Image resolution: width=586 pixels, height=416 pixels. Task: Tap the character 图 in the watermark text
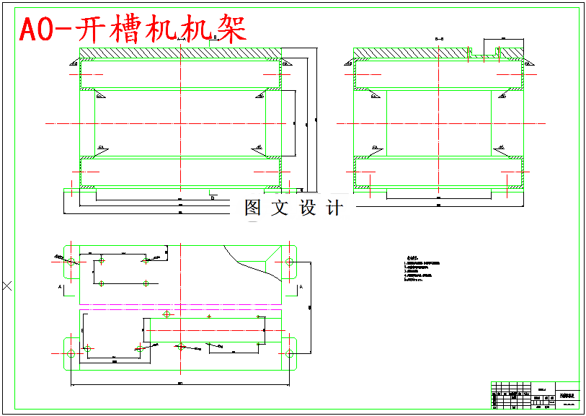coord(253,208)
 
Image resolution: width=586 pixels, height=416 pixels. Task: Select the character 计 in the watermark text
coord(334,208)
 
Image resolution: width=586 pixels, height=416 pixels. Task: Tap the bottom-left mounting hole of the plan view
coord(71,353)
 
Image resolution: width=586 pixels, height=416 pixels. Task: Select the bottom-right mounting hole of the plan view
coord(289,353)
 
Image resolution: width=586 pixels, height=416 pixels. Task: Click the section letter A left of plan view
coord(59,287)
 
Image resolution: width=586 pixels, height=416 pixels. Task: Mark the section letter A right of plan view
coord(301,287)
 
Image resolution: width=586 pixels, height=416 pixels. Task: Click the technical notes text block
coord(418,270)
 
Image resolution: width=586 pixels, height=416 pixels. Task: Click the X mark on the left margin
coord(7,286)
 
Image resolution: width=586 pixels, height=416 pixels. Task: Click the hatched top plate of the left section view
coord(180,53)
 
